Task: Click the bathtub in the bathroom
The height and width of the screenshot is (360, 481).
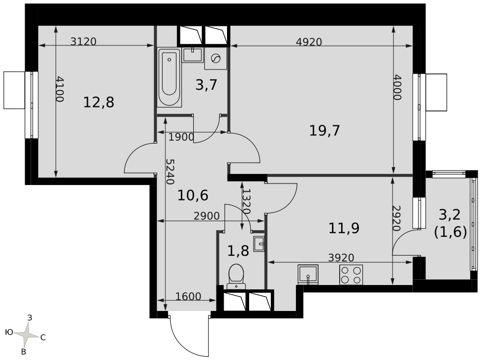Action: [169, 77]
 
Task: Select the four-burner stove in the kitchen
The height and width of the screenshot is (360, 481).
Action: [351, 275]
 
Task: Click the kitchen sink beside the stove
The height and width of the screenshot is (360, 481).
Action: [308, 275]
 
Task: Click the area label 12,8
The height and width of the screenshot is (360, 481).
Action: [99, 102]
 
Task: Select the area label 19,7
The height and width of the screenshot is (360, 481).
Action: [325, 131]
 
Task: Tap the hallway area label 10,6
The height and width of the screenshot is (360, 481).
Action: [193, 195]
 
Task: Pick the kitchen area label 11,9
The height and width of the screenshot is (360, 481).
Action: [344, 228]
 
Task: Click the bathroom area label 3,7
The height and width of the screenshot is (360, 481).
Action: [206, 85]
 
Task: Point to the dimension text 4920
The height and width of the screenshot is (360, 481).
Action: [309, 42]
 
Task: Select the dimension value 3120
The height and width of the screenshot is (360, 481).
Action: [83, 41]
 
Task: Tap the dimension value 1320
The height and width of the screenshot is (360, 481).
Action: [246, 201]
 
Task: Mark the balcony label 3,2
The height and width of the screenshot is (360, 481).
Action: [450, 215]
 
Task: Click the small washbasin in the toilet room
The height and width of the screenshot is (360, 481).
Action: [259, 244]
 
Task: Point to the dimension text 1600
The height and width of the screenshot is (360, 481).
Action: [189, 297]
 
